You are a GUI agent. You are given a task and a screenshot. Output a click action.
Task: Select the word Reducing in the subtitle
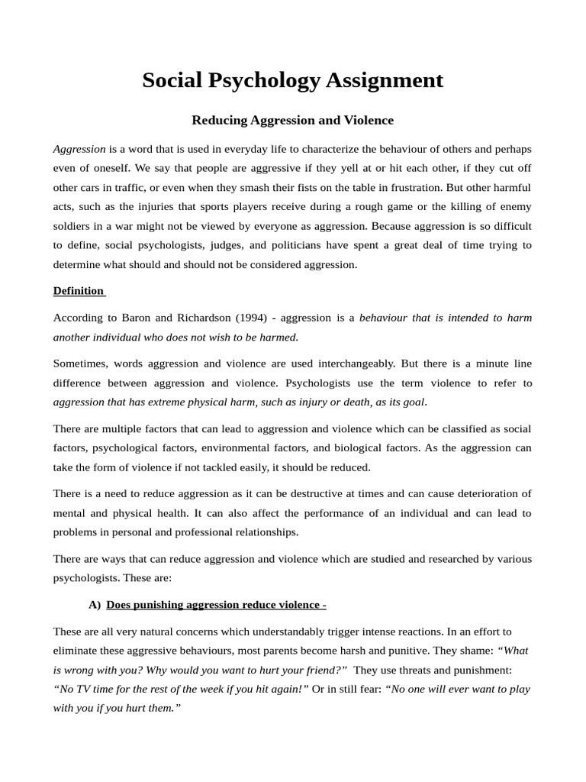point(217,121)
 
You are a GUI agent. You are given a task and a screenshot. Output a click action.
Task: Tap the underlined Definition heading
point(79,291)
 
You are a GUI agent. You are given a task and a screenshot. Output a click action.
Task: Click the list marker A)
point(95,605)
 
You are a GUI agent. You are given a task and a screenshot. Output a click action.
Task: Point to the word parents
point(330,651)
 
